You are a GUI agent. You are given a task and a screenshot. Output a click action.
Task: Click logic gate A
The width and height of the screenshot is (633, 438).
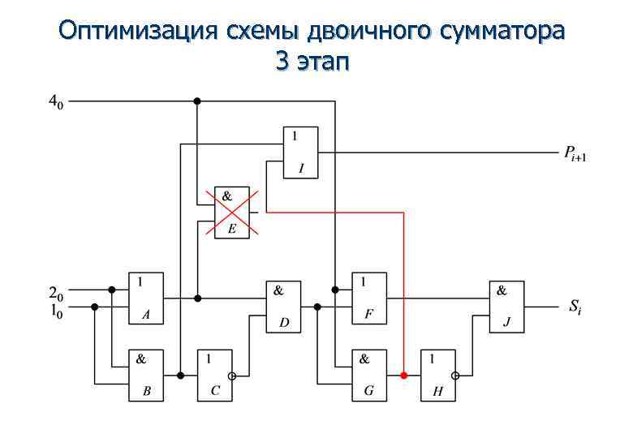click(145, 298)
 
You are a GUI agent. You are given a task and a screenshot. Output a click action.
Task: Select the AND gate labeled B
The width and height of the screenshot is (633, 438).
click(145, 375)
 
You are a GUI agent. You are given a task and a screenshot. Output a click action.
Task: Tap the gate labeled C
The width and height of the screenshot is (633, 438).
click(214, 375)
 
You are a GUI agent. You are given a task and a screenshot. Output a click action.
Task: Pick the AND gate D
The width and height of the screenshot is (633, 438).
click(283, 307)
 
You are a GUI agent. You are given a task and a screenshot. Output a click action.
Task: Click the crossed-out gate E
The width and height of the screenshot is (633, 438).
click(231, 213)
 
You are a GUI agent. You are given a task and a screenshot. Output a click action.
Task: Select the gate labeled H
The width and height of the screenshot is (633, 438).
click(437, 375)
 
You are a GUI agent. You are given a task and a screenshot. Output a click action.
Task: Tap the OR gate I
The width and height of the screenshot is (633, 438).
click(300, 152)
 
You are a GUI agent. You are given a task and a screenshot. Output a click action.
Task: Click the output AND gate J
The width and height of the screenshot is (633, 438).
click(506, 307)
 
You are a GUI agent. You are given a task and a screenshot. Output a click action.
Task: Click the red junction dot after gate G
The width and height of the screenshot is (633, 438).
click(404, 376)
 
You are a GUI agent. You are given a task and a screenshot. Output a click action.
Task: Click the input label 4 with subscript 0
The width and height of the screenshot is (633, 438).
click(55, 102)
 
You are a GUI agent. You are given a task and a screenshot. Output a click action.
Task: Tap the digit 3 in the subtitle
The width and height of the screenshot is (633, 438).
click(282, 62)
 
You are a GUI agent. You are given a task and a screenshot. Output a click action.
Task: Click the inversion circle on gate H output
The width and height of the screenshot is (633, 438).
click(457, 376)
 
